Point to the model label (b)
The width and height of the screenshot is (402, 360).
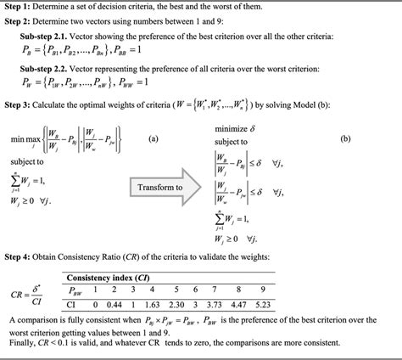click(346, 137)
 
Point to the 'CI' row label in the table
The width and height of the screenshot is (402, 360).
click(73, 303)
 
